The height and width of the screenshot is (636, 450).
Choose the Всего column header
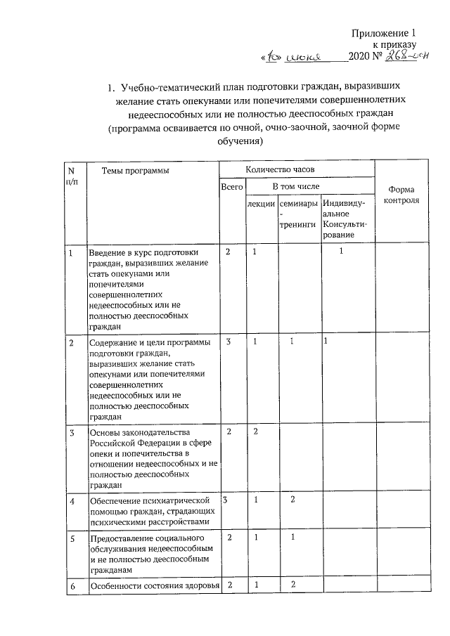click(x=231, y=187)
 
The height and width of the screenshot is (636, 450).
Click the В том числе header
click(x=296, y=186)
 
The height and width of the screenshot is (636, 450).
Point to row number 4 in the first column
click(x=72, y=500)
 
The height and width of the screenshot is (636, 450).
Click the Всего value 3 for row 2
click(x=229, y=341)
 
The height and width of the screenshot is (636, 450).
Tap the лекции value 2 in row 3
click(x=257, y=430)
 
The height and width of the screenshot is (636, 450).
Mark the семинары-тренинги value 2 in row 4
click(x=292, y=499)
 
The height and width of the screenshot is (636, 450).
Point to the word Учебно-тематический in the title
click(x=167, y=88)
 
